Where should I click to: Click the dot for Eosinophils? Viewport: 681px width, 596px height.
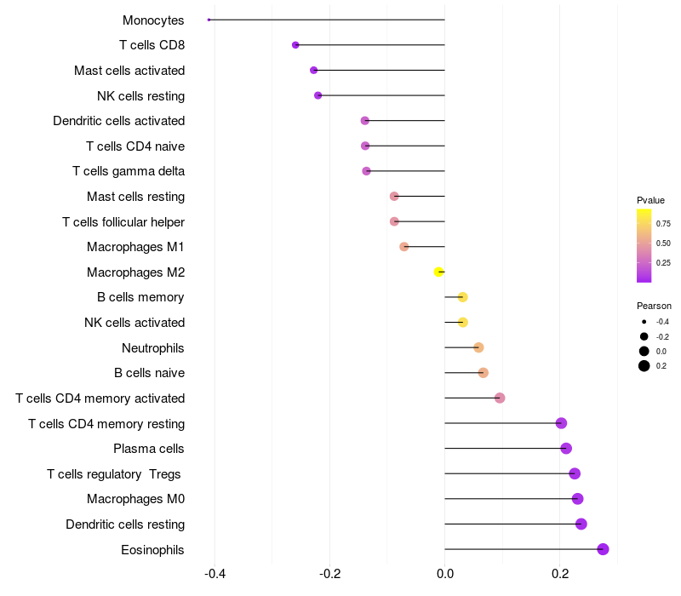click(603, 549)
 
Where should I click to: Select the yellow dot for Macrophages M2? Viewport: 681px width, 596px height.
click(439, 272)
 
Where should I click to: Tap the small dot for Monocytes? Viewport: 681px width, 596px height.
click(209, 20)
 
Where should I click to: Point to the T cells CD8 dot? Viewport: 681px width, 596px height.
click(295, 45)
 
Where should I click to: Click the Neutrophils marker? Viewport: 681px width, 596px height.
click(478, 347)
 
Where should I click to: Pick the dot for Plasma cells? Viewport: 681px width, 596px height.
click(566, 449)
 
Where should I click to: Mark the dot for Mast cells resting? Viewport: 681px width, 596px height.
click(394, 197)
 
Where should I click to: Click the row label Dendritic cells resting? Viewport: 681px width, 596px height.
click(125, 524)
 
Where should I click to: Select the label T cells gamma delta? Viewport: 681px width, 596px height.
click(129, 171)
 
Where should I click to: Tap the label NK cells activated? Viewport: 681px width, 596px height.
click(134, 323)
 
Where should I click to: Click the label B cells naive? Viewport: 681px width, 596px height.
click(149, 373)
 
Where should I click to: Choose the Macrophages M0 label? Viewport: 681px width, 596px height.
click(135, 499)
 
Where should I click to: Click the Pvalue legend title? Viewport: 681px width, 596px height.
click(650, 200)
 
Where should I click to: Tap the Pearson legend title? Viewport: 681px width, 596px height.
click(654, 306)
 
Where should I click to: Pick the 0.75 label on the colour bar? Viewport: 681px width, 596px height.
click(663, 224)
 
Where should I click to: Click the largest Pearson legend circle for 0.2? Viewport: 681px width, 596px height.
click(644, 366)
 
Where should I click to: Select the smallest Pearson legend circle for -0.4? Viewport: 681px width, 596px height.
click(644, 322)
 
